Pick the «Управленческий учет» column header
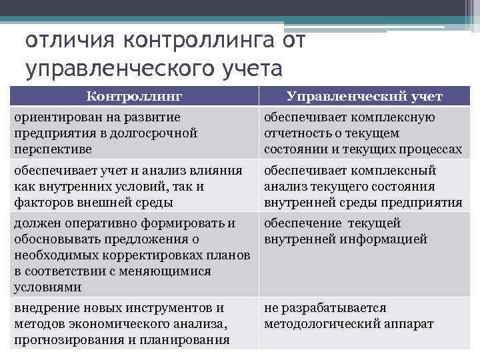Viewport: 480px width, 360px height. coord(364,97)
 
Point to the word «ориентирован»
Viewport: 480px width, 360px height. coord(51,118)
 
